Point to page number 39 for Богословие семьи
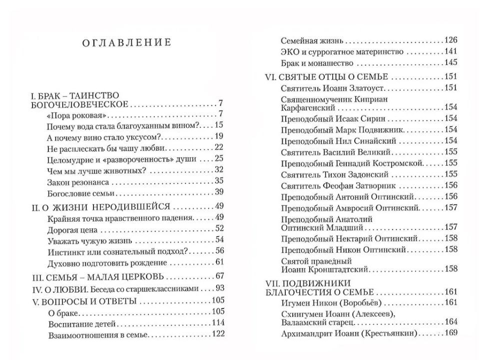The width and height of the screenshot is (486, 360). pyautogui.click(x=217, y=192)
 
